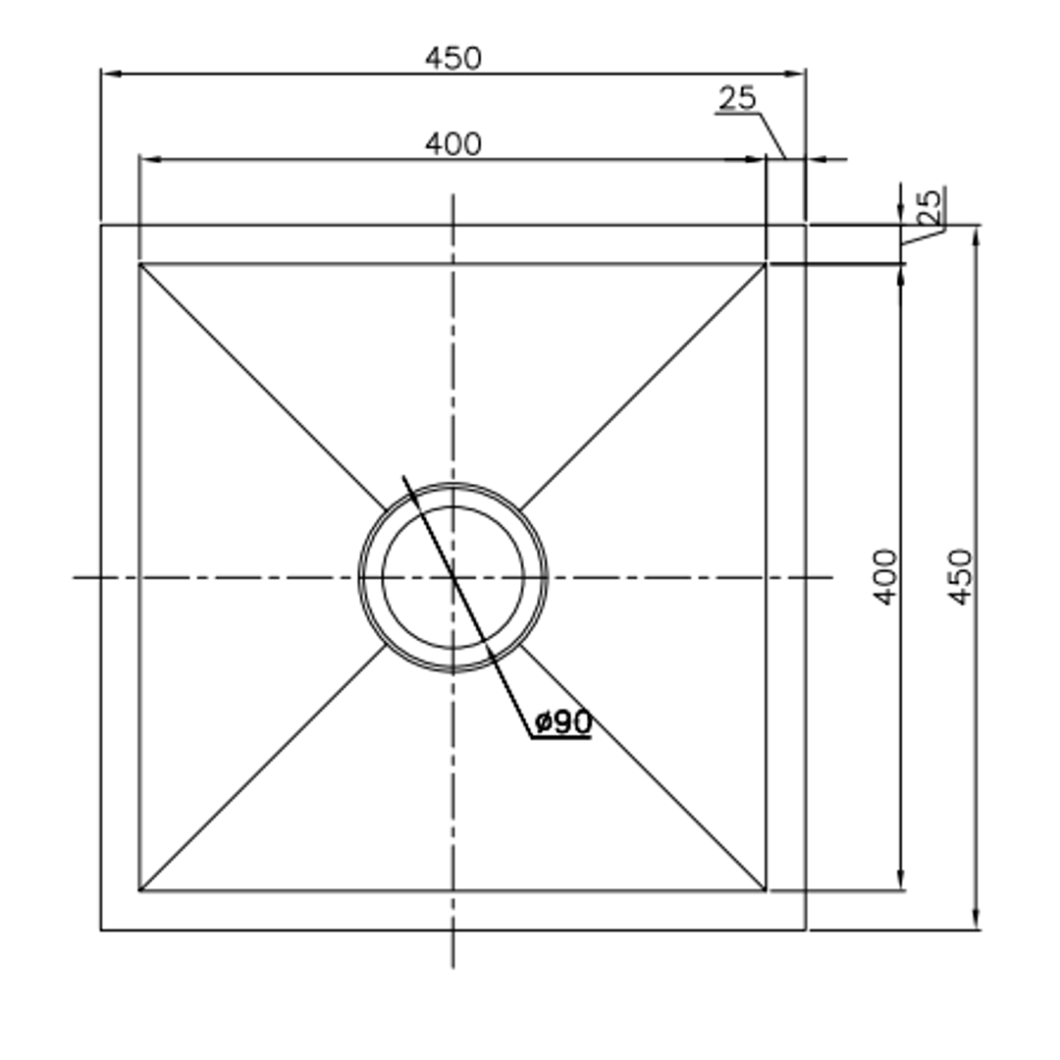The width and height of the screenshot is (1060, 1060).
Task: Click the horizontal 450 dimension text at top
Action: click(453, 59)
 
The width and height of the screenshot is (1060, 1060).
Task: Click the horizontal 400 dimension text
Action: click(453, 144)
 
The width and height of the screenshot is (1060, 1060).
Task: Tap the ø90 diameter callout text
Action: click(563, 723)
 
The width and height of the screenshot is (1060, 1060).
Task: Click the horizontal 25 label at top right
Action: click(737, 98)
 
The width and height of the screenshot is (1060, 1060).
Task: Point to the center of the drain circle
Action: click(452, 577)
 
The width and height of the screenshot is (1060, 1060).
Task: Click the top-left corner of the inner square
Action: click(139, 263)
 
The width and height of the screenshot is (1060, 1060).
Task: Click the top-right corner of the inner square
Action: click(766, 263)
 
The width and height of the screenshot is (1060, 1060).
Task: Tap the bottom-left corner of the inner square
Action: click(139, 891)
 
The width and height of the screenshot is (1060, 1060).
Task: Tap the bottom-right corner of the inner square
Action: click(766, 891)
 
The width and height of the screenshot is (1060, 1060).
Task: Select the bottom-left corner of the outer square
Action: click(101, 929)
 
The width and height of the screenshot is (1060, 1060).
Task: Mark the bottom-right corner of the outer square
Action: click(805, 929)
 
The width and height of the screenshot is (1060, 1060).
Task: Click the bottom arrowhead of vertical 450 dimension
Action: click(976, 920)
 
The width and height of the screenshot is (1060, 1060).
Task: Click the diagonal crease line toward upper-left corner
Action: click(262, 386)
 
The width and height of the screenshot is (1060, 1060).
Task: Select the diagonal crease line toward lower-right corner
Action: click(643, 768)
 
